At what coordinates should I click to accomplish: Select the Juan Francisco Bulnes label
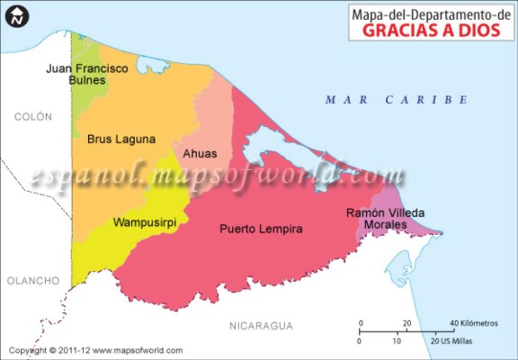pos(87,74)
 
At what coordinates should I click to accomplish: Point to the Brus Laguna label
pos(121,139)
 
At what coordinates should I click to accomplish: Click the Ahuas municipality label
pos(199,153)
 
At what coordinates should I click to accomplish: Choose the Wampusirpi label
pos(143,221)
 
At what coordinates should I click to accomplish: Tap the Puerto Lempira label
pos(261,229)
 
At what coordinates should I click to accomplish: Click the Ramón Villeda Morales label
pos(385,219)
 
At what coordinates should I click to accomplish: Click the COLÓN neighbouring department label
pos(32,117)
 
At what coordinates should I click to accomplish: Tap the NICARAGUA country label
pos(262,324)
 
